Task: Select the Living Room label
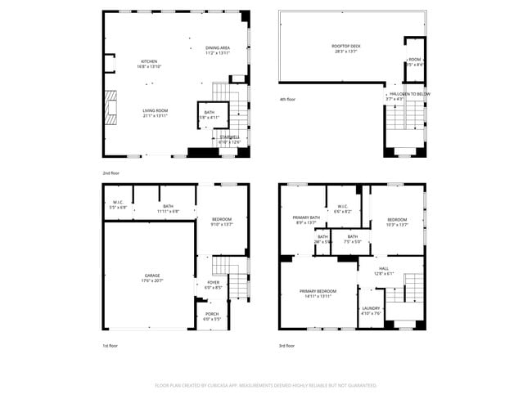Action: tap(156, 113)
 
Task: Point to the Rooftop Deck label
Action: tap(346, 48)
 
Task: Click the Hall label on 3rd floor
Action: tap(384, 271)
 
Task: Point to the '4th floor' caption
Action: tap(287, 99)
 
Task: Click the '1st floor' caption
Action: tap(110, 346)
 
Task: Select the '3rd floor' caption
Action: tap(287, 346)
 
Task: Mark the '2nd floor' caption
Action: tap(110, 173)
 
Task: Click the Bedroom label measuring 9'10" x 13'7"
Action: tap(222, 221)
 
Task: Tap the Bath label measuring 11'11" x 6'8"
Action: tap(168, 208)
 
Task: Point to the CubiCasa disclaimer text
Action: tap(265, 385)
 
